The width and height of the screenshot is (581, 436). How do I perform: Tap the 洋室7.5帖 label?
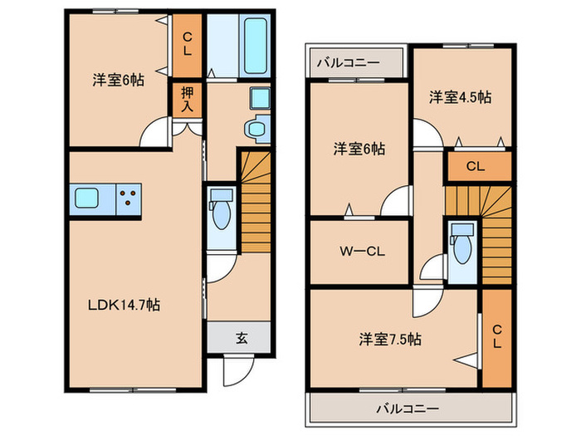[390, 339]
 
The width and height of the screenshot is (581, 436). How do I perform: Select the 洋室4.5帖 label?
[460, 97]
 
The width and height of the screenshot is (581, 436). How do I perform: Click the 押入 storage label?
[187, 100]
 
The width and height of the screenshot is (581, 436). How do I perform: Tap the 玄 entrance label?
[241, 338]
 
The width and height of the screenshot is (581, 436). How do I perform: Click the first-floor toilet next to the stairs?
[222, 211]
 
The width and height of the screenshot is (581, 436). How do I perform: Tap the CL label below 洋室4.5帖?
[475, 166]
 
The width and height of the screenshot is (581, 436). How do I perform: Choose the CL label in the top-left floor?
[188, 43]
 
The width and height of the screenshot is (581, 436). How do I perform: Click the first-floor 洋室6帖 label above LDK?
[118, 81]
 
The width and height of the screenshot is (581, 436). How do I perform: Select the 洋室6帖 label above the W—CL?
[359, 149]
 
